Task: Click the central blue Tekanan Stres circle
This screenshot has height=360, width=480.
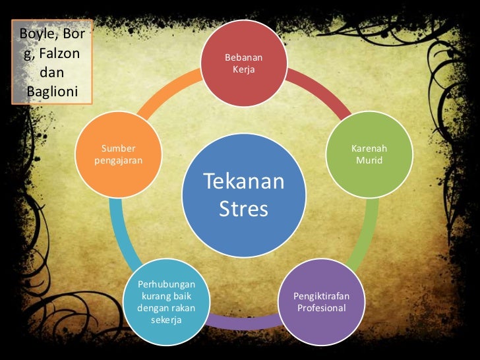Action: tap(244, 195)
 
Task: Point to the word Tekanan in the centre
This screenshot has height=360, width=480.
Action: tap(244, 181)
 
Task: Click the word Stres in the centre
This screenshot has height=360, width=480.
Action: tap(244, 209)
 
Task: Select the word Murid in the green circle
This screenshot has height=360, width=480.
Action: tap(369, 160)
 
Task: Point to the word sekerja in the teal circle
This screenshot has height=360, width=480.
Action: tap(165, 320)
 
